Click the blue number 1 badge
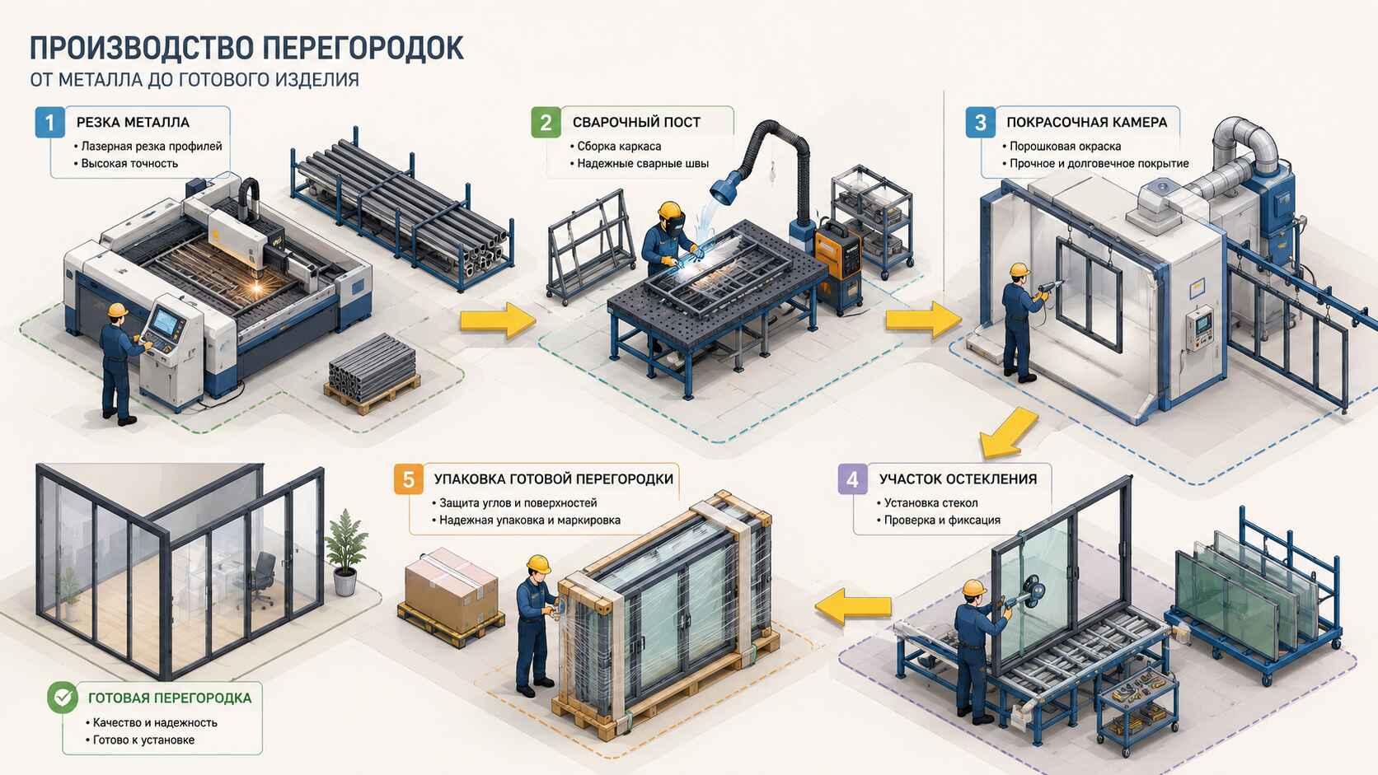pyautogui.click(x=49, y=123)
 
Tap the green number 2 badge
pyautogui.click(x=546, y=123)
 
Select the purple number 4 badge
pyautogui.click(x=853, y=479)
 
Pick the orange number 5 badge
pyautogui.click(x=409, y=479)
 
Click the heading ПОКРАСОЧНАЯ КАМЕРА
pyautogui.click(x=1086, y=123)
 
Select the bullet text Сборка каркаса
pyautogui.click(x=619, y=147)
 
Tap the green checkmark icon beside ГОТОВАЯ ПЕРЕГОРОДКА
pyautogui.click(x=63, y=698)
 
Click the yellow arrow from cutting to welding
pyautogui.click(x=497, y=320)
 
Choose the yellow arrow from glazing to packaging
pyautogui.click(x=853, y=607)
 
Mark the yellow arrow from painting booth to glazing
pyautogui.click(x=1008, y=433)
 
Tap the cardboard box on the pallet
pyautogui.click(x=451, y=591)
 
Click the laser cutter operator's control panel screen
pyautogui.click(x=164, y=321)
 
